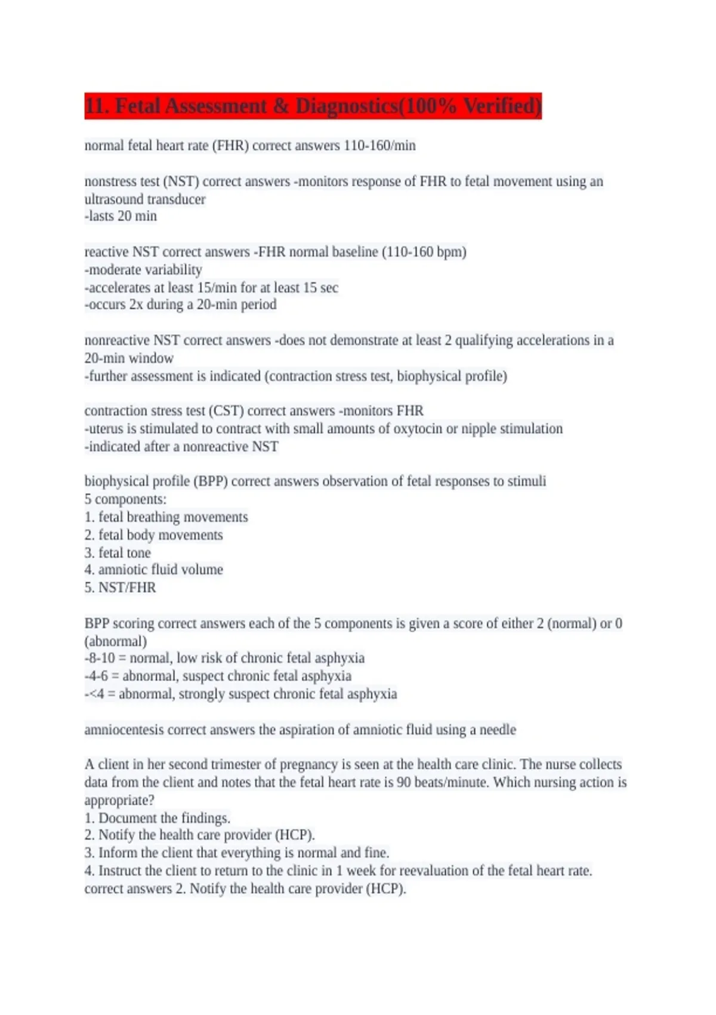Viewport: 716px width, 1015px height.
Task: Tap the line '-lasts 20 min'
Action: coord(121,216)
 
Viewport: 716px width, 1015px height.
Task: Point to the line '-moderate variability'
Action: coord(143,270)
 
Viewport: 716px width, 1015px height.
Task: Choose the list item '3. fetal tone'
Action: coord(118,553)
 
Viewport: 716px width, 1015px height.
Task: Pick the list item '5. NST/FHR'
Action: coord(120,588)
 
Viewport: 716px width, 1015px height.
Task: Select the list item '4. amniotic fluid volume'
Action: coord(153,570)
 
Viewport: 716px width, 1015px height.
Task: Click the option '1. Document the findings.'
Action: coord(158,818)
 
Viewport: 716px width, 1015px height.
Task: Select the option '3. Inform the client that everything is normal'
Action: coord(237,853)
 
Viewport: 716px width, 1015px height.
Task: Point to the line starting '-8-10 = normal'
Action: coord(224,659)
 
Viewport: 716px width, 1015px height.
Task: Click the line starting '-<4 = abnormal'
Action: coord(240,694)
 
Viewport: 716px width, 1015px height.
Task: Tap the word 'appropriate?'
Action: coord(119,801)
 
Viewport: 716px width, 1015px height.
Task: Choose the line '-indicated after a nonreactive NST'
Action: coord(181,447)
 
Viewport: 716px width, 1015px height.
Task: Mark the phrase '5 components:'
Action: coord(125,500)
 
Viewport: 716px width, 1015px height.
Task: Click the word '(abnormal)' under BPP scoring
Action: coord(116,642)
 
